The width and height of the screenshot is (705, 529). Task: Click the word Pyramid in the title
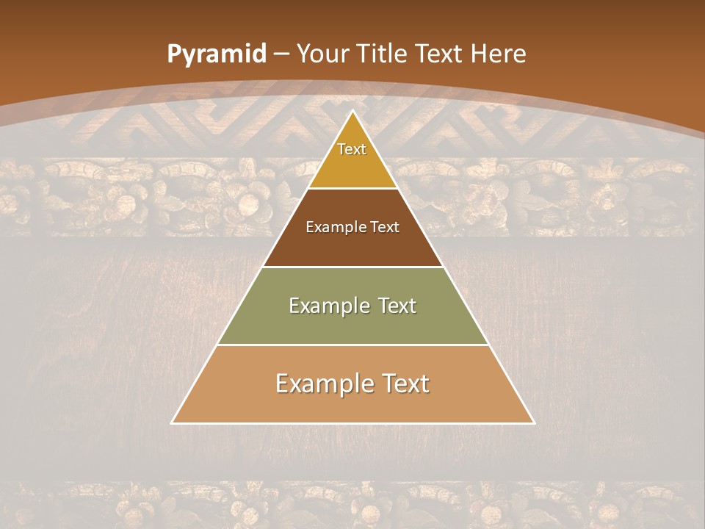(x=216, y=54)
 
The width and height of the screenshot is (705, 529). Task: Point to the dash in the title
(x=282, y=54)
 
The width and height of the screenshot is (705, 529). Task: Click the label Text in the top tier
(x=352, y=149)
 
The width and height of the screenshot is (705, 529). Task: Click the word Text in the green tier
(x=397, y=306)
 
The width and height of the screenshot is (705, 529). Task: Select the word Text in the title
(x=438, y=54)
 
